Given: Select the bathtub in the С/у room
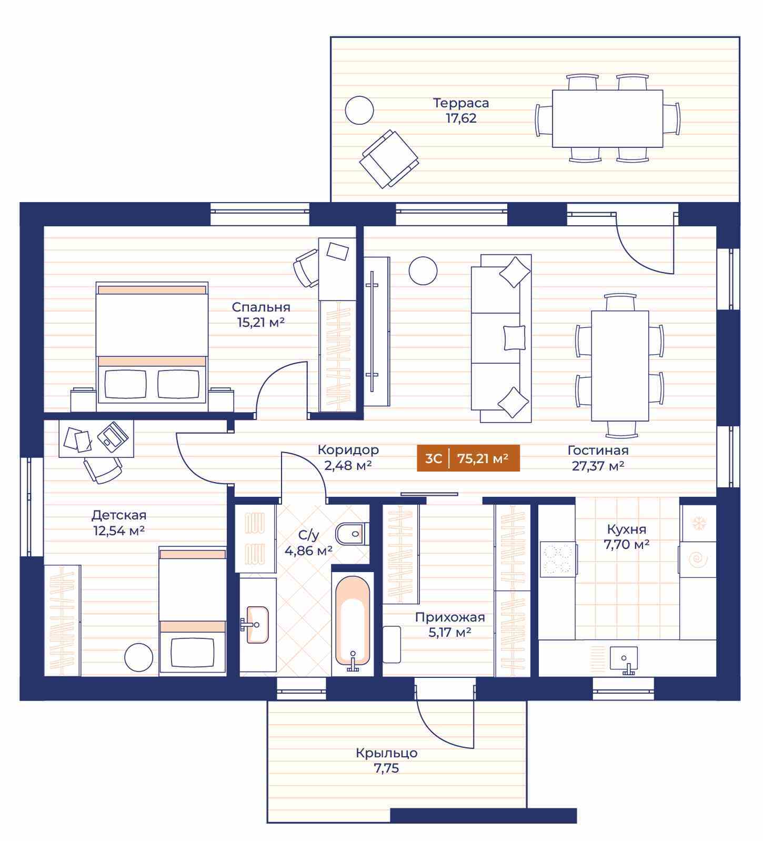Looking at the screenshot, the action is tap(353, 624).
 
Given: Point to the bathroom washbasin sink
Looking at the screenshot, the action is tap(257, 625).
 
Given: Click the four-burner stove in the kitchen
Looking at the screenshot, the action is tap(557, 559).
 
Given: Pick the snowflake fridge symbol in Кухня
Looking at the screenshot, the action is tap(699, 523).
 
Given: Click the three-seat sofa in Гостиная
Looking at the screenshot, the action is tap(501, 338).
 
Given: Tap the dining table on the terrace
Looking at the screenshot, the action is tap(607, 118).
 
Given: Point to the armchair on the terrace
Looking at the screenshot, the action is tap(389, 159).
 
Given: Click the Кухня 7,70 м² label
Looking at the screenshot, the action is tap(626, 536).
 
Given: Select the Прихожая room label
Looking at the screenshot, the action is tap(450, 617).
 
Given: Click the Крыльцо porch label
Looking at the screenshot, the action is tap(387, 753).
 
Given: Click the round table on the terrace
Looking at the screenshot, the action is tap(359, 111).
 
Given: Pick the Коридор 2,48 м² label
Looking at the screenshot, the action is tap(348, 457).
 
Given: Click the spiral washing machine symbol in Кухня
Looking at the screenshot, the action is tap(699, 559).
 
